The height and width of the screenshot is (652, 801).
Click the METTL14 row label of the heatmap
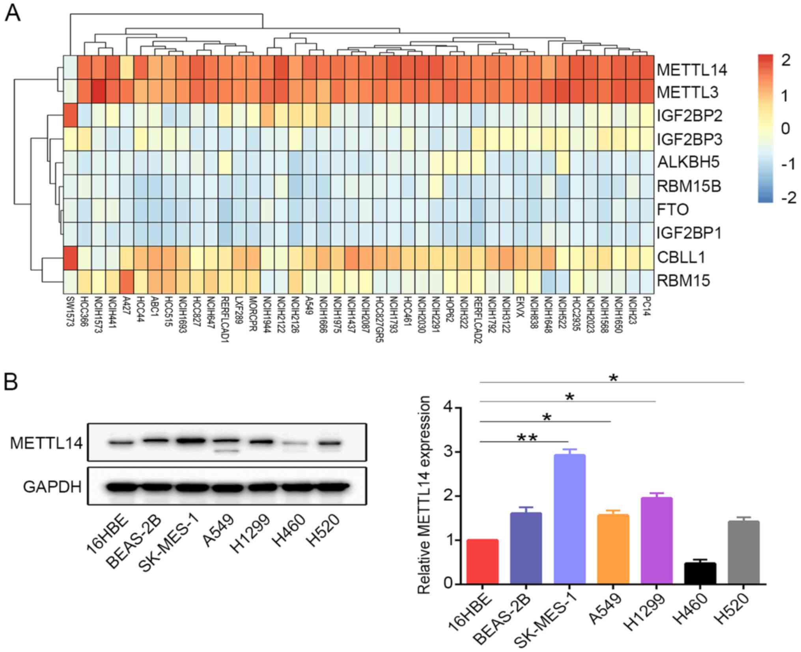[691, 70]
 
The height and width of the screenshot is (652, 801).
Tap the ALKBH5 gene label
[688, 162]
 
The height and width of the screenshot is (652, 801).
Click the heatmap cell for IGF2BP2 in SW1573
[70, 115]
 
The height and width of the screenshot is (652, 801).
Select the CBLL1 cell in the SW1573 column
[70, 258]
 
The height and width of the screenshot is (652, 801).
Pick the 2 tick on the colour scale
[786, 60]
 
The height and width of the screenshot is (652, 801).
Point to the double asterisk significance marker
[527, 437]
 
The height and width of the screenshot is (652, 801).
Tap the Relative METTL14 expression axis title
[424, 496]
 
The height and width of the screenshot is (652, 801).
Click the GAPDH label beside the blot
[52, 487]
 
